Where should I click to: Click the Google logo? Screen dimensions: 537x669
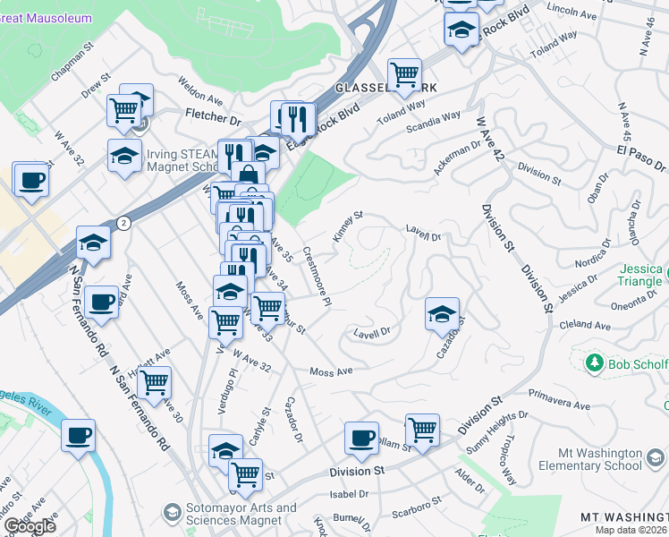(x=30, y=526)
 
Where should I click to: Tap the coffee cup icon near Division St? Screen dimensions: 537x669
(x=361, y=438)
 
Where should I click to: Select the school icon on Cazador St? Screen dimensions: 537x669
(x=442, y=313)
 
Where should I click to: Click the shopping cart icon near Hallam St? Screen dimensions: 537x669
(x=422, y=430)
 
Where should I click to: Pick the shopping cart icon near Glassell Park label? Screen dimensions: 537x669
(x=404, y=72)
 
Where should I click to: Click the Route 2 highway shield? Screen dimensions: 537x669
(x=123, y=222)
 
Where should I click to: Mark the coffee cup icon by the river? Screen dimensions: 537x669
(x=79, y=435)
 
